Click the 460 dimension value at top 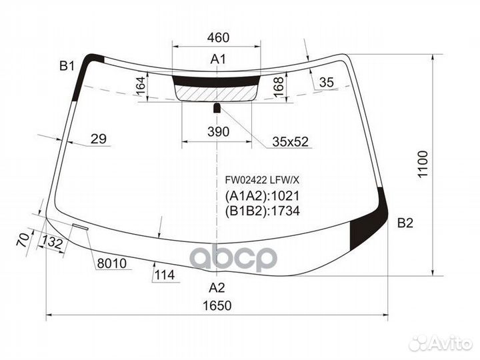pyautogui.click(x=218, y=37)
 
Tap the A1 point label pyautogui.click(x=218, y=59)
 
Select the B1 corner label pyautogui.click(x=67, y=65)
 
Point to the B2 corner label pyautogui.click(x=405, y=223)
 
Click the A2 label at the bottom pyautogui.click(x=217, y=288)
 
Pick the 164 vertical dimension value pyautogui.click(x=141, y=86)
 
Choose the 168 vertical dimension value pyautogui.click(x=279, y=87)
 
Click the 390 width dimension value pyautogui.click(x=218, y=131)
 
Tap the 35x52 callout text pyautogui.click(x=291, y=142)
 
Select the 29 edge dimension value pyautogui.click(x=99, y=139)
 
